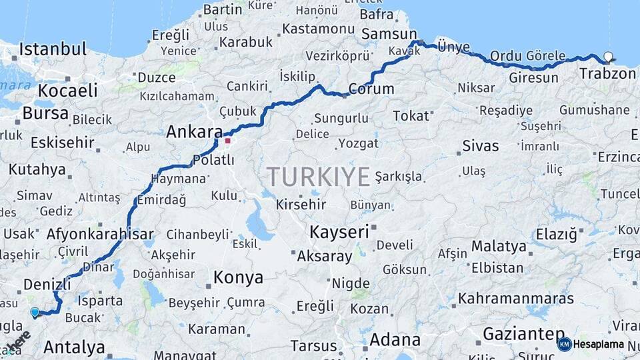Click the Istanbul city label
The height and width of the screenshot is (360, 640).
coord(53,49)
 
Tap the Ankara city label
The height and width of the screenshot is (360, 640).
coord(194,131)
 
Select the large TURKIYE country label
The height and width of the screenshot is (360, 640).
coord(318,177)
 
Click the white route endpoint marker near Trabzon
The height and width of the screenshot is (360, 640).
coord(608,57)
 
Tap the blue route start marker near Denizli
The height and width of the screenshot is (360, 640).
coord(35,311)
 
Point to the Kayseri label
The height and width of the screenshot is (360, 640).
coord(339,232)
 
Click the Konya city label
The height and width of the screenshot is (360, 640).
coord(238,277)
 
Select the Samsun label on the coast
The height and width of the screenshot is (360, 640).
coord(389,33)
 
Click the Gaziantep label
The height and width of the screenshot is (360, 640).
coord(523,333)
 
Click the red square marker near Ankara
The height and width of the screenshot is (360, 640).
coord(227,141)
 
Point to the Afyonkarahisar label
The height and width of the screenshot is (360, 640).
coord(100,234)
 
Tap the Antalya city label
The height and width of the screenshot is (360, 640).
coord(74,347)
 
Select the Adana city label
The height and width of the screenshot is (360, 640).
coord(395,339)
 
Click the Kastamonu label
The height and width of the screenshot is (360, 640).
coord(318,29)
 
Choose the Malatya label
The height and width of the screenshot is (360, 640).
coord(499,246)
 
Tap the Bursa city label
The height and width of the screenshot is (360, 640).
coord(45,113)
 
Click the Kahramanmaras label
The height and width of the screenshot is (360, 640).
coord(515,298)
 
